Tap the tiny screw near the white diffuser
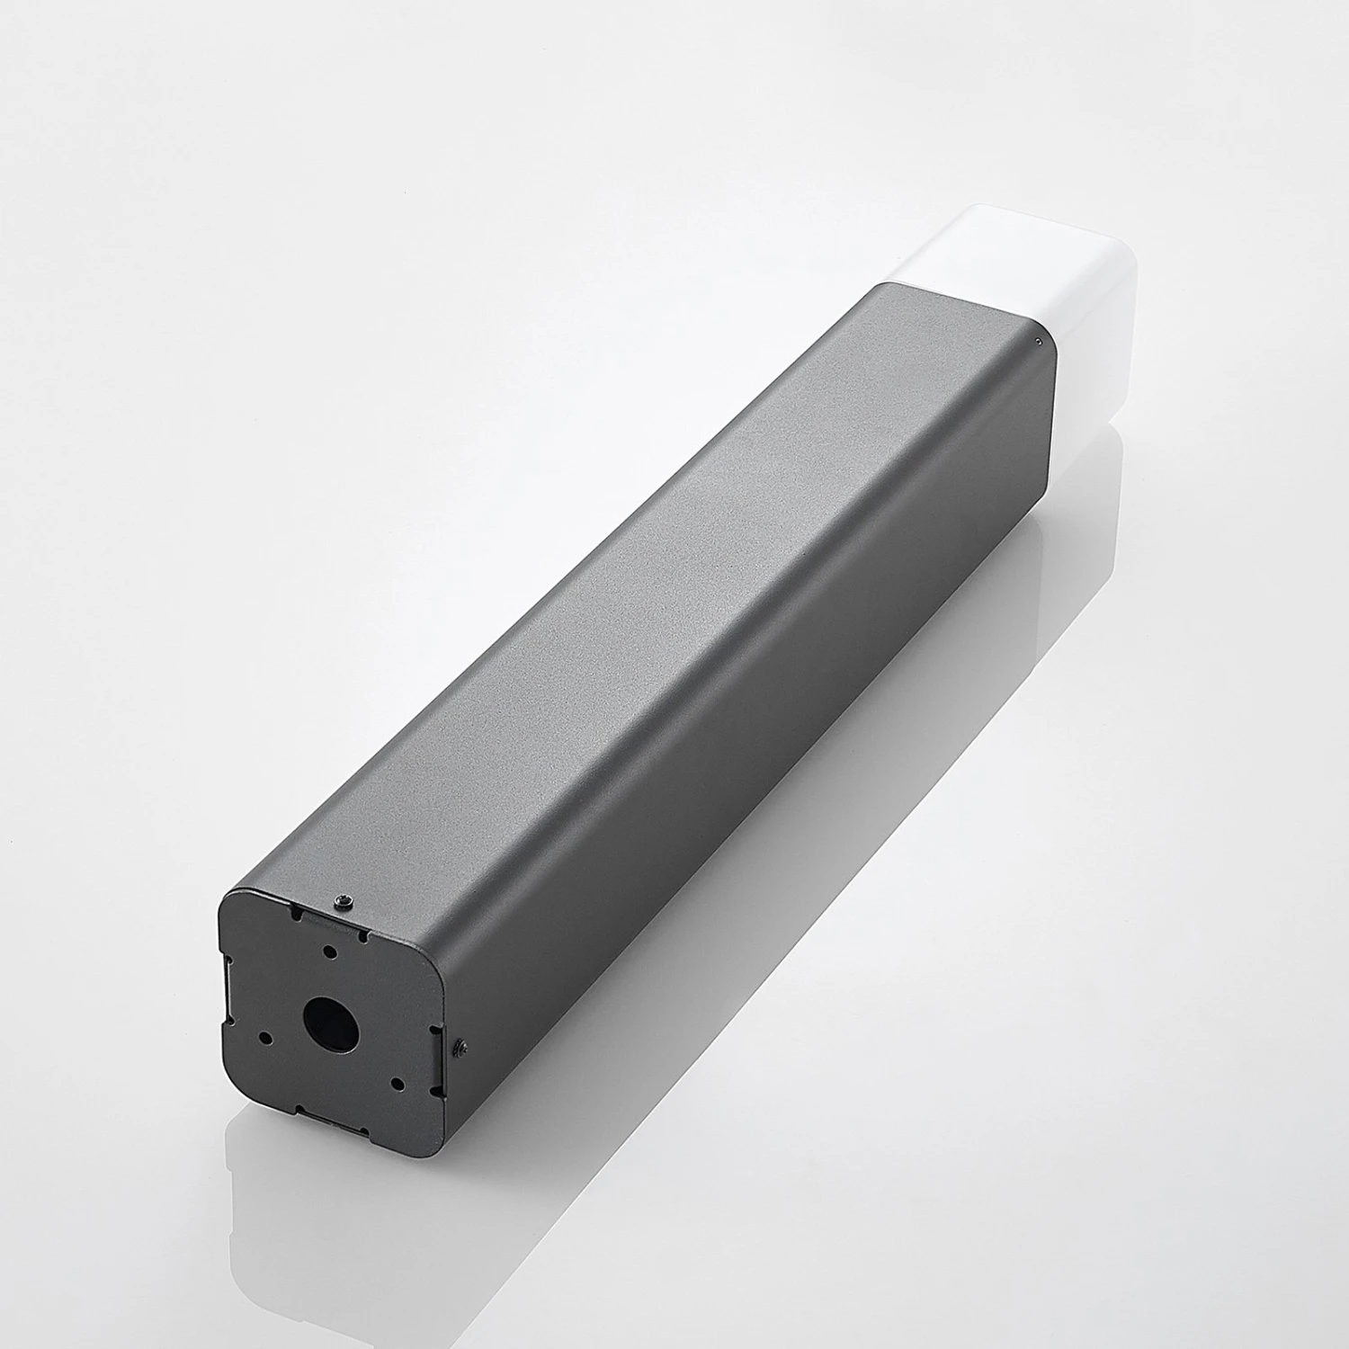pos(1040,340)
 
